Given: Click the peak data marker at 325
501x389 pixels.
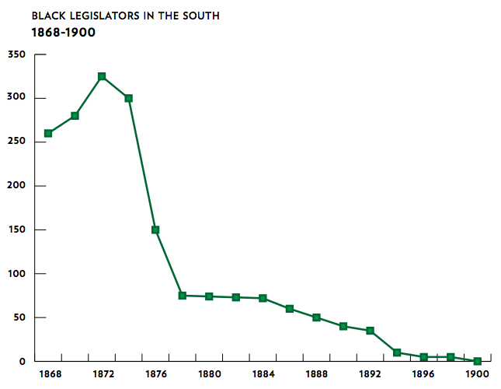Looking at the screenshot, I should click(x=102, y=76).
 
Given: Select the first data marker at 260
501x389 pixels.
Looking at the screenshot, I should click(x=48, y=133).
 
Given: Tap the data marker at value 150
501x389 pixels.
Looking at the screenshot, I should click(x=155, y=230).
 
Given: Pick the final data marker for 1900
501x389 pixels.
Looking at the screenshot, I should click(x=477, y=361).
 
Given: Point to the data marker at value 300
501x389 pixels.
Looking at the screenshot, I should click(x=128, y=98).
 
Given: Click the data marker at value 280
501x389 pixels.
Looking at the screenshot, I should click(x=75, y=116).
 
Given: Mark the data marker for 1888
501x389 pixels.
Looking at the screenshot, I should click(x=316, y=317).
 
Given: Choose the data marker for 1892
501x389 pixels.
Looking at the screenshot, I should click(x=370, y=331).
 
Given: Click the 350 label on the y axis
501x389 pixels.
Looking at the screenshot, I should click(x=16, y=54).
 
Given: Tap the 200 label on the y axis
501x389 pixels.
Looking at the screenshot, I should click(x=16, y=186).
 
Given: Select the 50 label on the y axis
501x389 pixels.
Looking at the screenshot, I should click(x=19, y=317).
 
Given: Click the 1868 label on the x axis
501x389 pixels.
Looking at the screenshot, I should click(x=48, y=374).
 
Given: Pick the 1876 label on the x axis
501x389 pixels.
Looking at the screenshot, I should click(x=155, y=374).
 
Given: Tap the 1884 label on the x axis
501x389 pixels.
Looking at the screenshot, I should click(x=263, y=374).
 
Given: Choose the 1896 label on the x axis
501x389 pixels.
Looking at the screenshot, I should click(x=423, y=374).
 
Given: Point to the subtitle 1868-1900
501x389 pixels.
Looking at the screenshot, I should click(x=63, y=33).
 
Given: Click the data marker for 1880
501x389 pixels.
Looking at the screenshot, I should click(x=209, y=296).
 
